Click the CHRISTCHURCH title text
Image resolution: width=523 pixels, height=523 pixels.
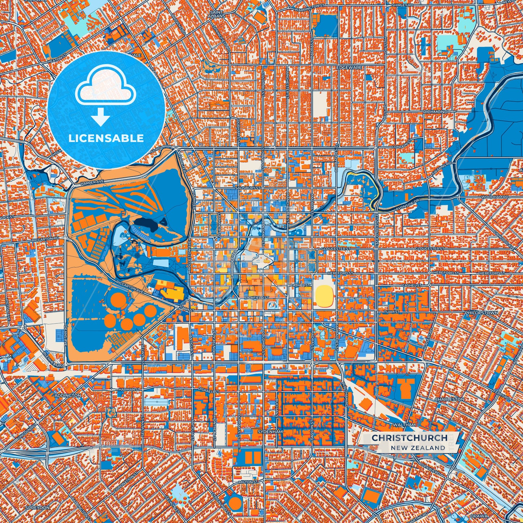pyautogui.click(x=409, y=438)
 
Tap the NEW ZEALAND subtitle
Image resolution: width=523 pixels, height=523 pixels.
pyautogui.click(x=418, y=448)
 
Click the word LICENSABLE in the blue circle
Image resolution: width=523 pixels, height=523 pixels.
pyautogui.click(x=106, y=138)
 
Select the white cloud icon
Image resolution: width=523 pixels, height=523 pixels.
pyautogui.click(x=105, y=89)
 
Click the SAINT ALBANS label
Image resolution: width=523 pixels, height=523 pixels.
pyautogui.click(x=217, y=14)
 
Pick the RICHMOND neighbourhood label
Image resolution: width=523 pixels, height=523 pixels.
pyautogui.click(x=435, y=112)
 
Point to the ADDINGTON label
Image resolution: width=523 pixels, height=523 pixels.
pyautogui.click(x=68, y=396)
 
